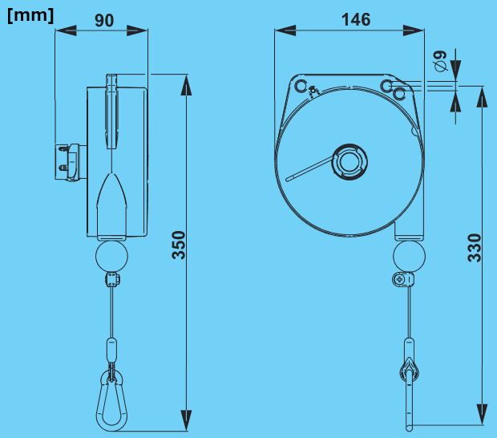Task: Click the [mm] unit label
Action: click(30, 15)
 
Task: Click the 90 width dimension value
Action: click(104, 20)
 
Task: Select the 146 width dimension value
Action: click(355, 19)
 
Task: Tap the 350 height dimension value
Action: click(180, 245)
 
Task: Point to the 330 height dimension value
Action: click(475, 248)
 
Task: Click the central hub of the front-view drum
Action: click(350, 161)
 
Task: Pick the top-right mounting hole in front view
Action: click(387, 86)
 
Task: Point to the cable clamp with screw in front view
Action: click(401, 280)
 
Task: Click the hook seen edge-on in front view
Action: click(409, 393)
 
